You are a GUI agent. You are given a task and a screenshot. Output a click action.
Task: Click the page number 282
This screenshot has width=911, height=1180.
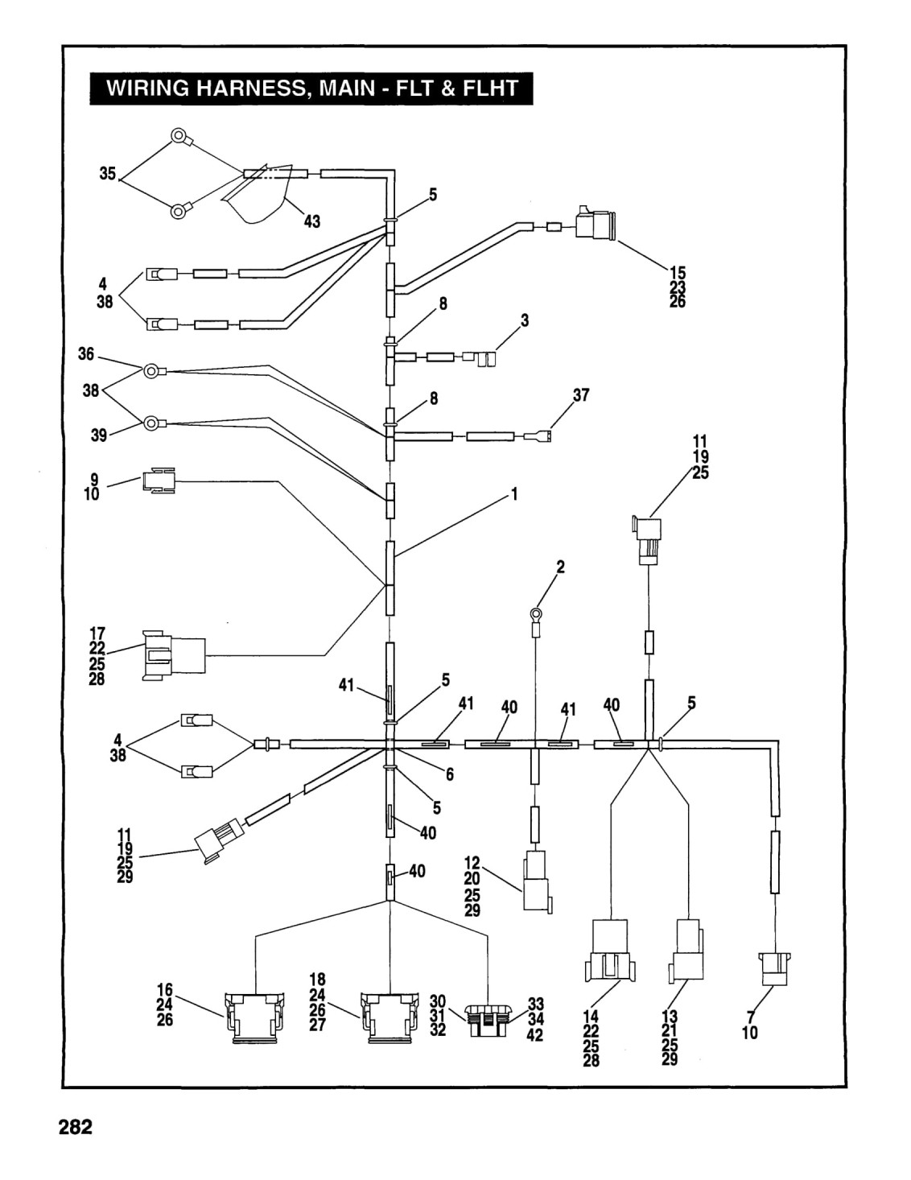76,1128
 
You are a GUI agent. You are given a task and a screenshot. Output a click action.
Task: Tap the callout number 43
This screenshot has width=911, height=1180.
311,221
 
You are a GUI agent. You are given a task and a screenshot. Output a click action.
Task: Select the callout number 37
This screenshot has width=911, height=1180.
581,395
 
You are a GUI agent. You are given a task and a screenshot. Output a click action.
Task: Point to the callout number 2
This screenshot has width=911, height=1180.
561,567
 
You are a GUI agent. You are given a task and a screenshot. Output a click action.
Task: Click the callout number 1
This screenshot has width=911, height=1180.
514,494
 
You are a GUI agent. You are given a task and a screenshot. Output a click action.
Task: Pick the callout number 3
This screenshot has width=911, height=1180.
525,320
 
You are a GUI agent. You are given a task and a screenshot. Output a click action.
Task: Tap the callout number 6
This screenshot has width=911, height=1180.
450,774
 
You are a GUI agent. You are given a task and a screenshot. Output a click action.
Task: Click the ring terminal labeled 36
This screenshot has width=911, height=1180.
154,372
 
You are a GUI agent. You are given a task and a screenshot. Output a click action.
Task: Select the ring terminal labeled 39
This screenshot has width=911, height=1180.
154,423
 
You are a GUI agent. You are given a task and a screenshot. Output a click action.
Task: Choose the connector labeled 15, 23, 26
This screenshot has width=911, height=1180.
596,223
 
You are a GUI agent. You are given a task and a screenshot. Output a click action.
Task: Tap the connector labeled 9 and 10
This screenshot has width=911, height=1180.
159,480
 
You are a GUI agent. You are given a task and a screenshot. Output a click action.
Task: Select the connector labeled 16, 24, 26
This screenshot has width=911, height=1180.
254,1017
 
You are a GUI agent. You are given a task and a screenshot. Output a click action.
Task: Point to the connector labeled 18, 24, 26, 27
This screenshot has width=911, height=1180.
390,1017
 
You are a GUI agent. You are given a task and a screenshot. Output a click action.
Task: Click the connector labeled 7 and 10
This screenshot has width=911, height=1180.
775,971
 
